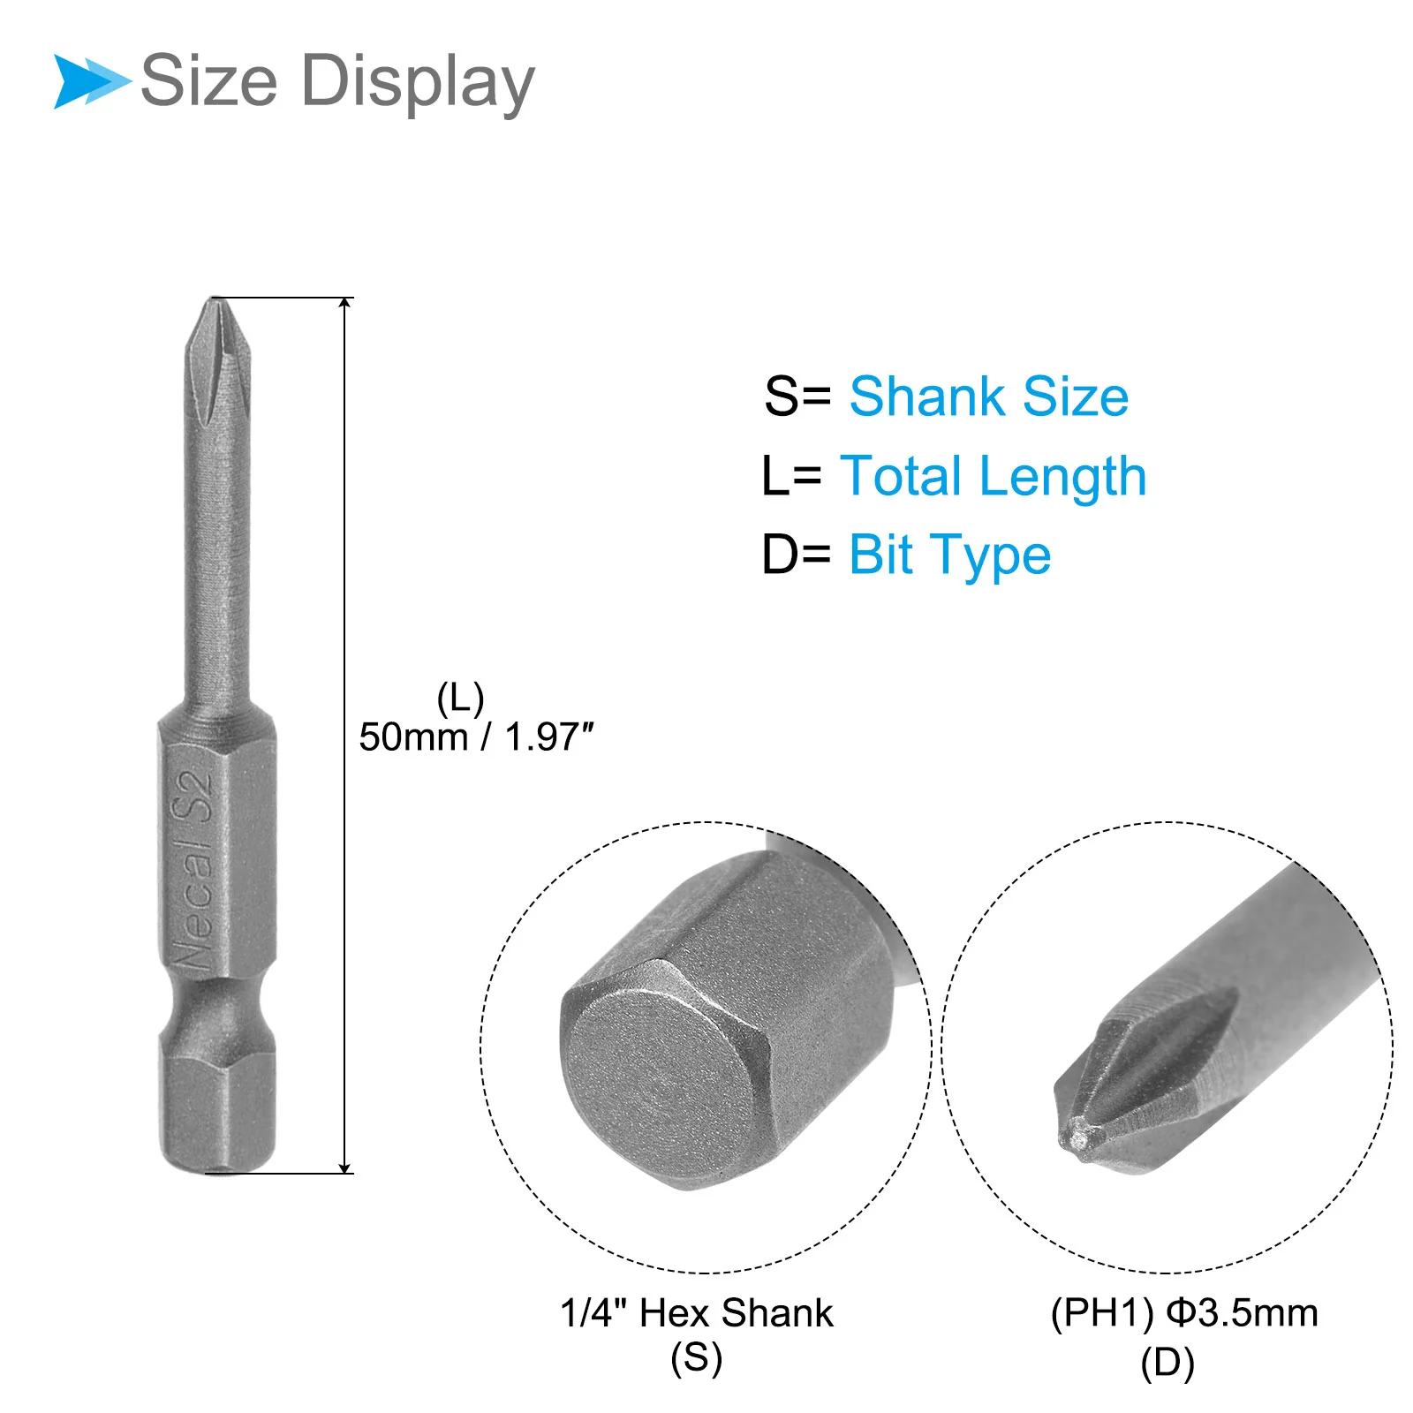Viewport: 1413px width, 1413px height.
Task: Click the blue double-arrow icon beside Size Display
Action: pyautogui.click(x=92, y=81)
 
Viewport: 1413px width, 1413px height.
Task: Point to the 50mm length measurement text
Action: pyautogui.click(x=413, y=737)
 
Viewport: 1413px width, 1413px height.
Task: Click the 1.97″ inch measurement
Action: pyautogui.click(x=549, y=737)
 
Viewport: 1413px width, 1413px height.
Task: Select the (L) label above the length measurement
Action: pyautogui.click(x=460, y=699)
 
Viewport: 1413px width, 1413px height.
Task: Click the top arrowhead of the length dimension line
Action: pyautogui.click(x=345, y=304)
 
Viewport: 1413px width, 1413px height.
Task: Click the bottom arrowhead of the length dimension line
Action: pyautogui.click(x=345, y=1167)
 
